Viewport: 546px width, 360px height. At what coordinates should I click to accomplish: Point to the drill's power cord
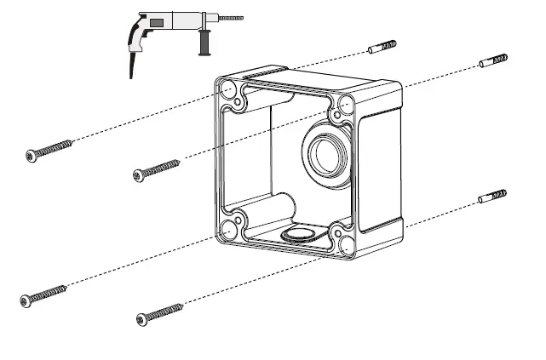[x=133, y=65]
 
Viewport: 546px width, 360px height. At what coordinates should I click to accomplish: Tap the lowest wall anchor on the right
[x=493, y=197]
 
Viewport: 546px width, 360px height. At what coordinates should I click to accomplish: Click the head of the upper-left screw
[x=32, y=155]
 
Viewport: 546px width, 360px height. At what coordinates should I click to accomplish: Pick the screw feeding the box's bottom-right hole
[x=160, y=313]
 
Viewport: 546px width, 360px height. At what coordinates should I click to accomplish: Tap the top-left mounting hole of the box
[x=229, y=88]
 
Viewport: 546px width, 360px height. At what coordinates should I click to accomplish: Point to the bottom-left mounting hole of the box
[x=230, y=228]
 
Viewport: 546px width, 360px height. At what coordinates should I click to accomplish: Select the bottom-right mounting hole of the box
[x=347, y=244]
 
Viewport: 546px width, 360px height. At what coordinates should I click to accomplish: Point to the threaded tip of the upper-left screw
[x=68, y=142]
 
